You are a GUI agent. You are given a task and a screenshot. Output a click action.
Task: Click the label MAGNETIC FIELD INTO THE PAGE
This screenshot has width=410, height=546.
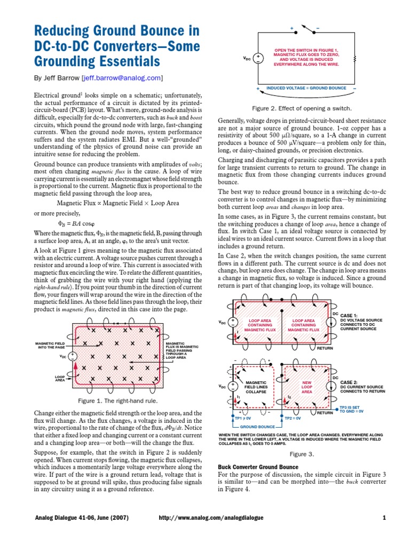[x=51, y=345]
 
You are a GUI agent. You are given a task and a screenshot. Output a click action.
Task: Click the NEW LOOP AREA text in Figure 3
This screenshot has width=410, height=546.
[x=307, y=387]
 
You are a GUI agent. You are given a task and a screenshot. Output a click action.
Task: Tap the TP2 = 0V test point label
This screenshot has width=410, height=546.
[x=294, y=419]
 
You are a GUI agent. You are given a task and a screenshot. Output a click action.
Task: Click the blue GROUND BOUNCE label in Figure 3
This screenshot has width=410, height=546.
[x=257, y=427]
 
